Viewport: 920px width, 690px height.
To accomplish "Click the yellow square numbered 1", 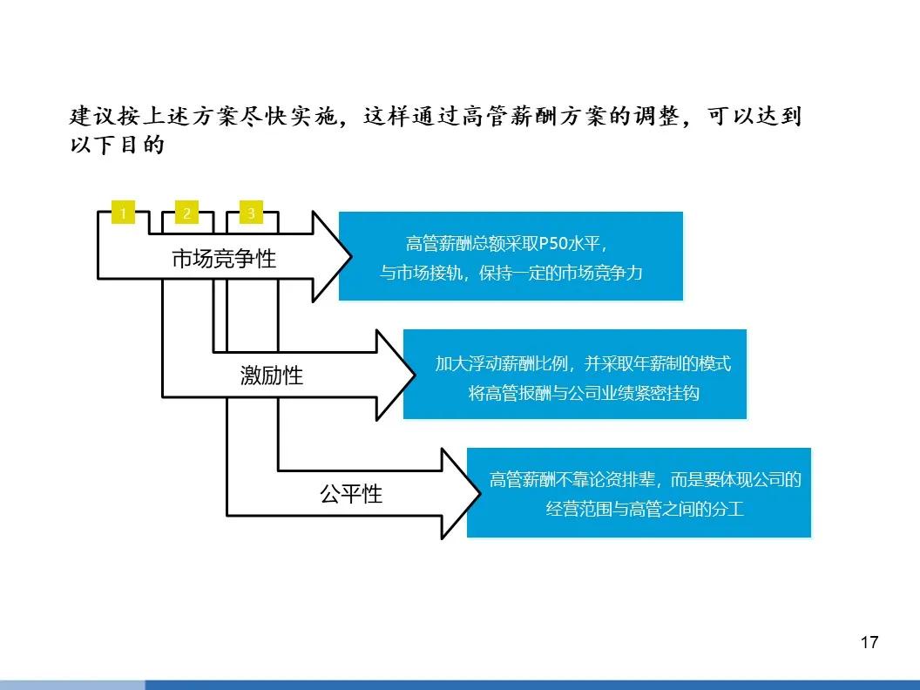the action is [x=123, y=213].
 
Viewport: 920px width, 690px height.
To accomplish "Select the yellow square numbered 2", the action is [x=187, y=213].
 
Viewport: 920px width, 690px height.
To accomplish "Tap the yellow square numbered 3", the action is [x=251, y=213].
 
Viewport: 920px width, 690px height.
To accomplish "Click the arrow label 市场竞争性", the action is [x=224, y=259].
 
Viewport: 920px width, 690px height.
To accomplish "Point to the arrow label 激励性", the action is [x=272, y=375].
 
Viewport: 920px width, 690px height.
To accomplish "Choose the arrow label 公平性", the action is [x=351, y=494].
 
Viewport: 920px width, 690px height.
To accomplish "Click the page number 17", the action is [x=869, y=642].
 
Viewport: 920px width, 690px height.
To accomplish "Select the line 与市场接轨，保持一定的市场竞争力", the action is [x=511, y=273].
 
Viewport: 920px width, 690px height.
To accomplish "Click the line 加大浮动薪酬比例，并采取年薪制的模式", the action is [x=583, y=364].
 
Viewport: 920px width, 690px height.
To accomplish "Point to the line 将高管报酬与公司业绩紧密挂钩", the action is [x=584, y=393].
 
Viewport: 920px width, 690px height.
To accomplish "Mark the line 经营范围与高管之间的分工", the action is [x=645, y=509].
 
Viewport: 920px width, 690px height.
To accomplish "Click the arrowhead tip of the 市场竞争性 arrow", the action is [x=351, y=256].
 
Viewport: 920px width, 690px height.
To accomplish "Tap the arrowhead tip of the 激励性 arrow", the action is [x=415, y=375].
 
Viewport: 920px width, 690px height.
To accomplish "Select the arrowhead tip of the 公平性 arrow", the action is [x=479, y=493].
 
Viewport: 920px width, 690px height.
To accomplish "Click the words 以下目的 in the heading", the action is [x=117, y=145].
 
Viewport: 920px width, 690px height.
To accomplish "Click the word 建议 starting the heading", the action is [x=92, y=116].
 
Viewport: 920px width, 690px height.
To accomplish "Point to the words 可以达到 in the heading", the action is [x=754, y=116].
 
